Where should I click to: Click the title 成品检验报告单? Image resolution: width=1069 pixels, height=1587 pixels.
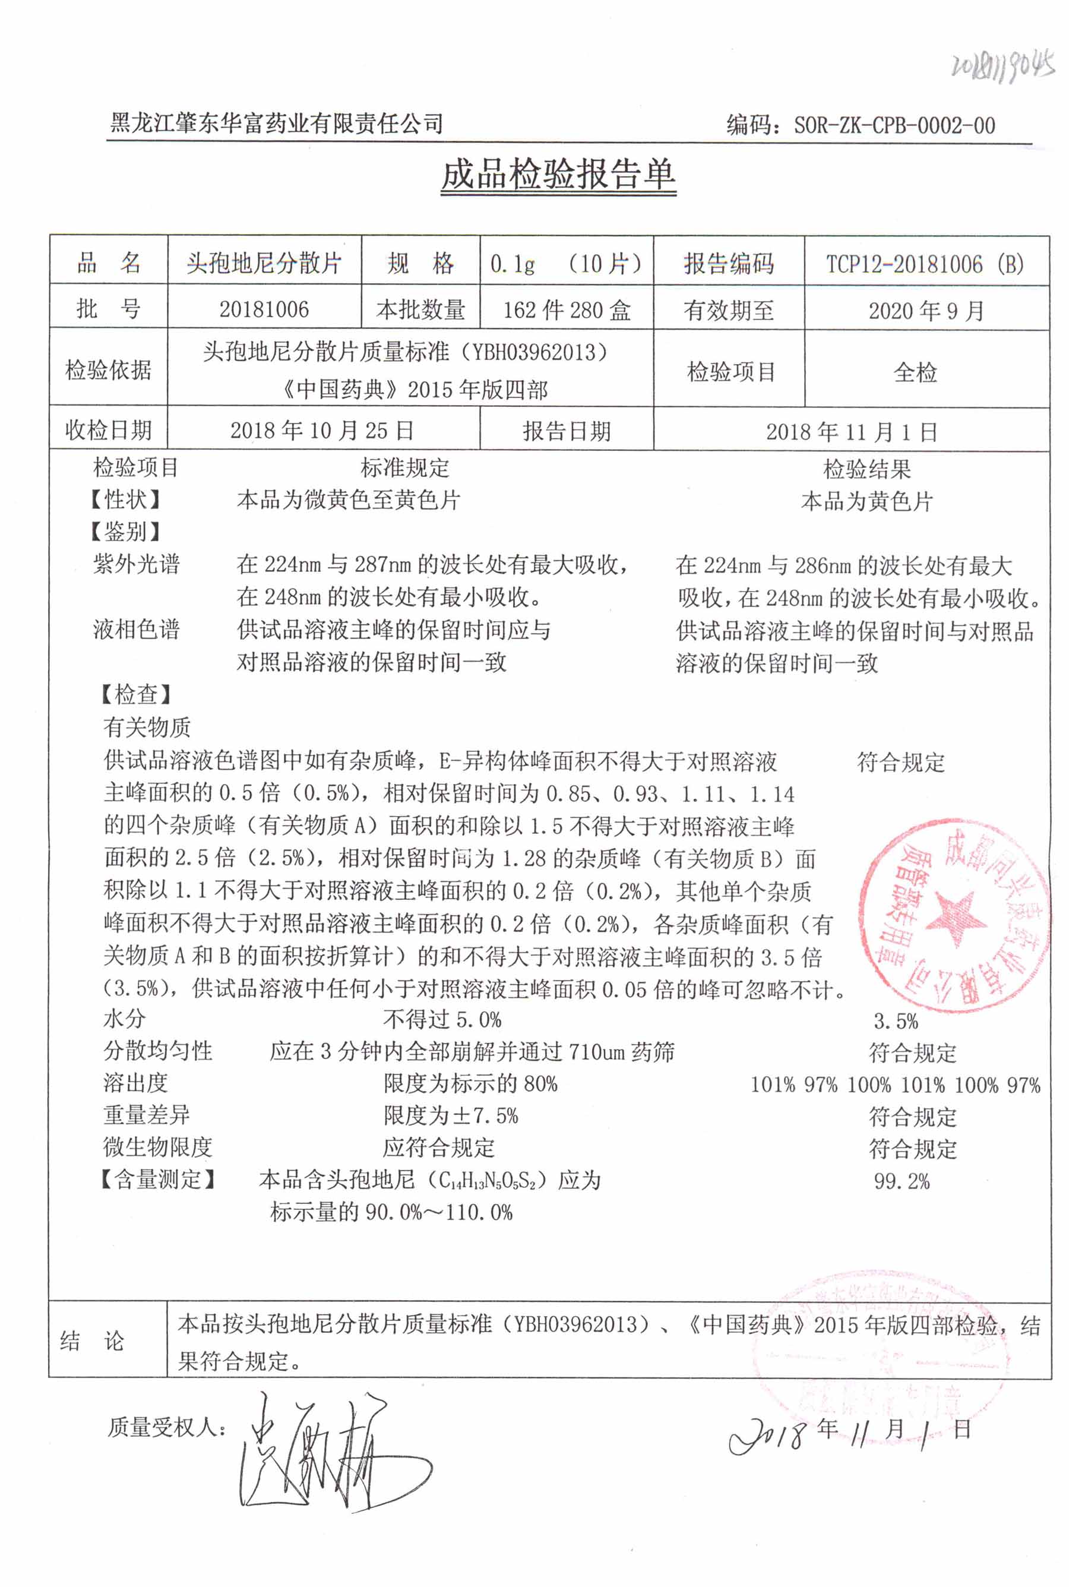point(558,175)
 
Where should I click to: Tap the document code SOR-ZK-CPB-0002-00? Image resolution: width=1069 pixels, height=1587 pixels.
point(894,125)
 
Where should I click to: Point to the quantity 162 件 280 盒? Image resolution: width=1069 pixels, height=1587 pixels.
point(566,310)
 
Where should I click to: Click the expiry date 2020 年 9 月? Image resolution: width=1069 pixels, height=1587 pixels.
point(926,311)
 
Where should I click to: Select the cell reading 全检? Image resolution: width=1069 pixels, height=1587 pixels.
point(915,372)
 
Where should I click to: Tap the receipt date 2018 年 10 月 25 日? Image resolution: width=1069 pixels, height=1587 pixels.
point(322,430)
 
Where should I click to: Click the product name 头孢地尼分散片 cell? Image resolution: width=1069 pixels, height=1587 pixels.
point(264,263)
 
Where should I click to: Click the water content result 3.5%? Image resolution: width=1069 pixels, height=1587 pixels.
point(896,1021)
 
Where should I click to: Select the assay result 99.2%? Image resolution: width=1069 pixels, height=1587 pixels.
point(902,1181)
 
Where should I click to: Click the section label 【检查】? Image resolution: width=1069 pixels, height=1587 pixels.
point(135,695)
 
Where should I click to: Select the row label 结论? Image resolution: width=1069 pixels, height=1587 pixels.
point(92,1341)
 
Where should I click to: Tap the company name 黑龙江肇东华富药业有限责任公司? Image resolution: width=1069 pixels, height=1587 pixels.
point(277,124)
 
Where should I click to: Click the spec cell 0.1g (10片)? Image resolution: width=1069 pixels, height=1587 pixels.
point(566,264)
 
